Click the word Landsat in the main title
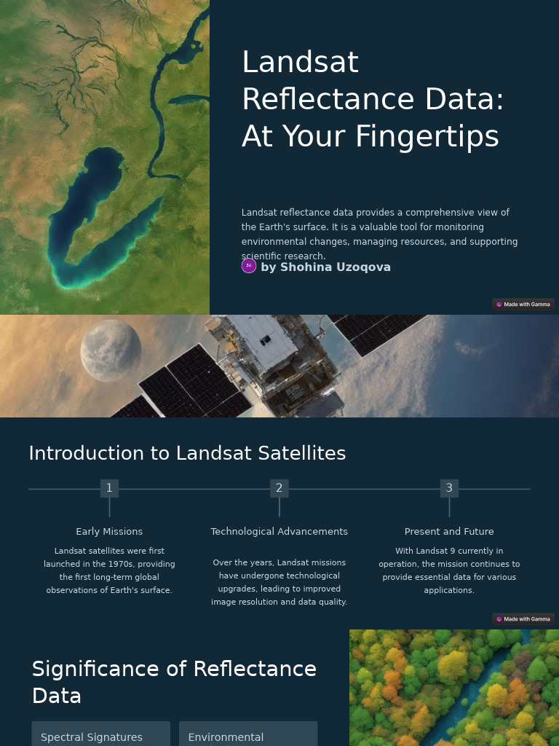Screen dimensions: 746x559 click(300, 63)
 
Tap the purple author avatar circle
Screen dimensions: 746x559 click(249, 266)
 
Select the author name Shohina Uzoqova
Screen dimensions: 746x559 click(325, 267)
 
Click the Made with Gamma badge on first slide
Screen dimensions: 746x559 click(523, 305)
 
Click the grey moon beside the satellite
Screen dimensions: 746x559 click(111, 350)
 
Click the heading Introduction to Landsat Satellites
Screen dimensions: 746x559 click(187, 453)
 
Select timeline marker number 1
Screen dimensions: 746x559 click(109, 488)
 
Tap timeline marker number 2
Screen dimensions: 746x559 click(279, 488)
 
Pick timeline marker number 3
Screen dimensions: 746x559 click(449, 488)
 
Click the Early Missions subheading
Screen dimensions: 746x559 click(109, 532)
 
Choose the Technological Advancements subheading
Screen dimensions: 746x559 click(279, 532)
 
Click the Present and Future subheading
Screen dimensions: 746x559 click(449, 532)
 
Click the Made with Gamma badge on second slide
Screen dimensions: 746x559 click(523, 619)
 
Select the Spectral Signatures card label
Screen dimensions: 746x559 click(92, 737)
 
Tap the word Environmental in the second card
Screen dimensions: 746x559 click(226, 737)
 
